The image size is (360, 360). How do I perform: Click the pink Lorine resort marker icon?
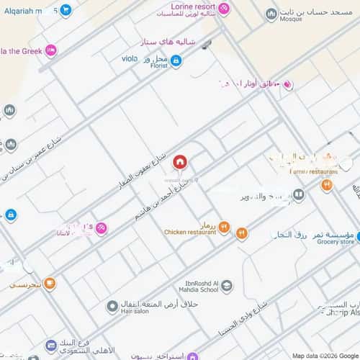[224, 9]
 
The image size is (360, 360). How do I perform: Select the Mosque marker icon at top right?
[271, 14]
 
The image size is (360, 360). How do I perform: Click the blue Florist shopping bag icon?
[176, 61]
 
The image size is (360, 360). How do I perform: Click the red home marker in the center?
[179, 161]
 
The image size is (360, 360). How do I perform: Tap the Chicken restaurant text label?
[190, 233]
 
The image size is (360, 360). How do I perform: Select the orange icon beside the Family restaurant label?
[327, 185]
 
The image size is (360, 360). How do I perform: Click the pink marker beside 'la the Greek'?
[50, 50]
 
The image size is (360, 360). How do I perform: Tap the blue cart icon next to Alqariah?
[66, 10]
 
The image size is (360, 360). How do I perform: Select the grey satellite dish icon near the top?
[207, 45]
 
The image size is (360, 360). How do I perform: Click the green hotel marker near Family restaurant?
[299, 194]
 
